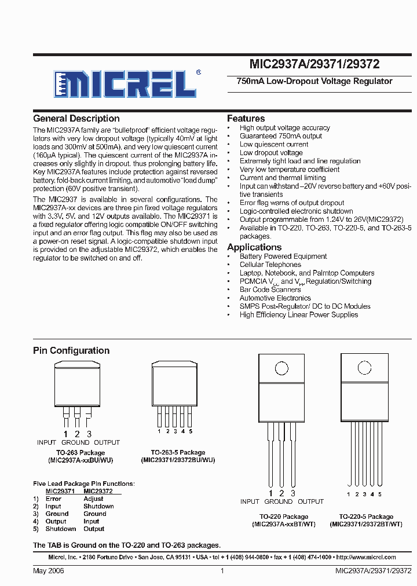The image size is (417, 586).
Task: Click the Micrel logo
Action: (x=126, y=84)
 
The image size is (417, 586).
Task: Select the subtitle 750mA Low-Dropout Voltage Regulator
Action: (x=314, y=82)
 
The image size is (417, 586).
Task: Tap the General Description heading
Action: (x=76, y=118)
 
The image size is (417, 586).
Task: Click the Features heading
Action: (x=246, y=118)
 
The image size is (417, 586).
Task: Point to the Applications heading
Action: (x=254, y=247)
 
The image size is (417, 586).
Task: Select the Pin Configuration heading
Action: (x=71, y=350)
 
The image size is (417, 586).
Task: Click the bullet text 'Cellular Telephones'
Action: (x=270, y=265)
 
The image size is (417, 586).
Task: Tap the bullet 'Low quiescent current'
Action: (x=273, y=144)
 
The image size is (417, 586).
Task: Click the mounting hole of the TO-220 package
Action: (x=281, y=368)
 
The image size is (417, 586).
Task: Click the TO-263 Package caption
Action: (x=81, y=452)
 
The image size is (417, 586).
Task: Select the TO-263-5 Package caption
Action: (x=178, y=452)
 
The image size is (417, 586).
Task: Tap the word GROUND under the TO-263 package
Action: (x=75, y=442)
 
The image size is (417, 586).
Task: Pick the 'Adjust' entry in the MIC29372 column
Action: (x=93, y=499)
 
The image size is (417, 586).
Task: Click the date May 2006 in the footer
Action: (x=49, y=571)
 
